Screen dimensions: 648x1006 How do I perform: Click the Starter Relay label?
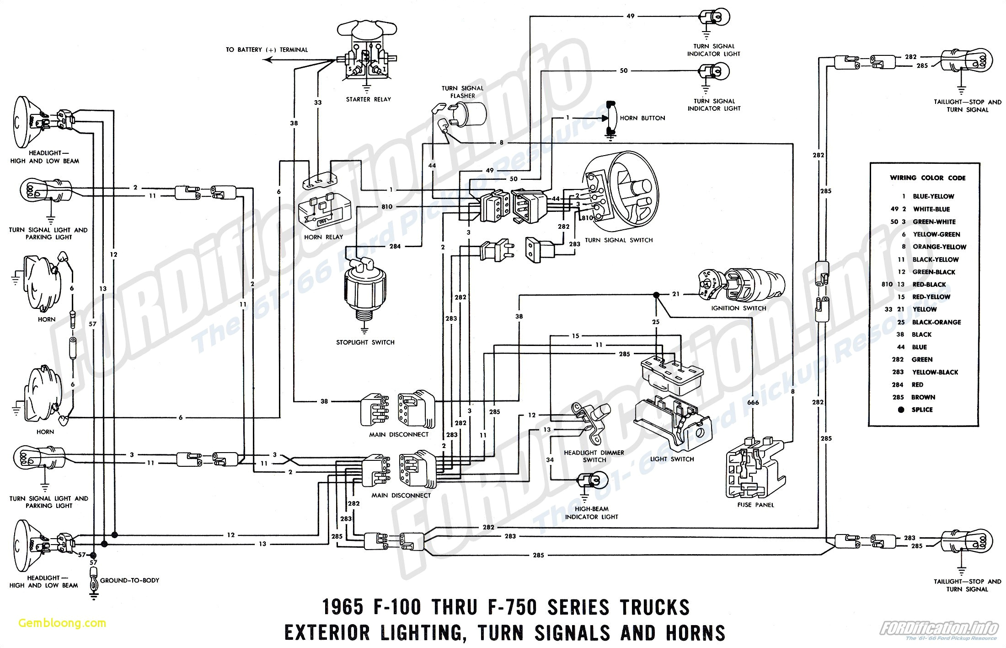[368, 99]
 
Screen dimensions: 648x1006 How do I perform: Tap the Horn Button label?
[642, 118]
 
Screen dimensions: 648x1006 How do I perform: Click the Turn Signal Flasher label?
[462, 92]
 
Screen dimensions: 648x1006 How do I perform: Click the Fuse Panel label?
[755, 505]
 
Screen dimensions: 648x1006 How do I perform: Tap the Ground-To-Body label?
[129, 580]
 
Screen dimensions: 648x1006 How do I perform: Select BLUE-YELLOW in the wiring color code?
[933, 196]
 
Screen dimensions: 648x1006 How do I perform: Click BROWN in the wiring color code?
[923, 397]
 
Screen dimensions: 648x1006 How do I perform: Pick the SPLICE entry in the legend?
[922, 410]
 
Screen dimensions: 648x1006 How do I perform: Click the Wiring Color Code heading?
[927, 178]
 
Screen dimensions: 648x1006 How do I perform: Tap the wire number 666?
[753, 403]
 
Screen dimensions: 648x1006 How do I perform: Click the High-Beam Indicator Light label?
[591, 513]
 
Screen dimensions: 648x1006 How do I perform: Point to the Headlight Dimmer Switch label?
[594, 456]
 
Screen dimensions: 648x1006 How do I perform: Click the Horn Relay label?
[323, 237]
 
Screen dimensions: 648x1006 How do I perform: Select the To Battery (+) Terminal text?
[267, 50]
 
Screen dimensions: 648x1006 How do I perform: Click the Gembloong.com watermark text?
[62, 623]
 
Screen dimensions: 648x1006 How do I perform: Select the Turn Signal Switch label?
[618, 240]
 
